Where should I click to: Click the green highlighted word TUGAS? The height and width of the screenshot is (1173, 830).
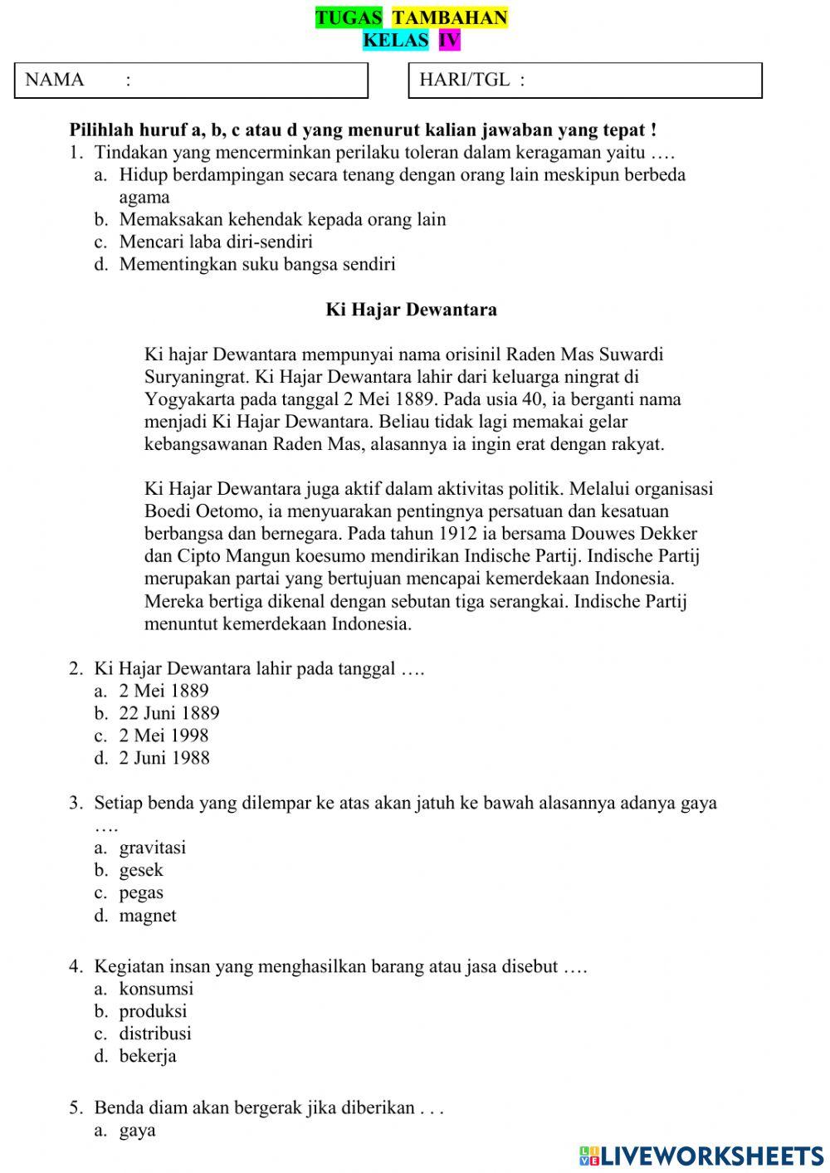349,18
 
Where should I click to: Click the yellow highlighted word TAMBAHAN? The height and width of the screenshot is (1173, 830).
449,18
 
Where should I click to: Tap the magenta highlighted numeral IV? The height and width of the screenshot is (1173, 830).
449,40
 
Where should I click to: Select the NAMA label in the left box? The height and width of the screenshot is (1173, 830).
55,80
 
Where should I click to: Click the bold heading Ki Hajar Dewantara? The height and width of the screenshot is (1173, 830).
411,310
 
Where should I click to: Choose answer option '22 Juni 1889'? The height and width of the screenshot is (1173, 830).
169,713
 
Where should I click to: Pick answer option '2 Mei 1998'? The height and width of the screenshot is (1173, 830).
164,736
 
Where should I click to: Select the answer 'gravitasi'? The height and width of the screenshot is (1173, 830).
153,848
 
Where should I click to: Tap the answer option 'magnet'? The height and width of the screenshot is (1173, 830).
148,916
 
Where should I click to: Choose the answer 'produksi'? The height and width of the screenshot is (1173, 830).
153,1011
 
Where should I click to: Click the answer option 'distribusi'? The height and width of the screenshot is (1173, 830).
155,1034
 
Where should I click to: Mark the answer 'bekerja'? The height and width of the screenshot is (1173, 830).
148,1056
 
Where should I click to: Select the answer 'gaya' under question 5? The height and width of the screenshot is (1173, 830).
138,1130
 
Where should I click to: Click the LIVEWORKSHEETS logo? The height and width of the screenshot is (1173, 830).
701,1156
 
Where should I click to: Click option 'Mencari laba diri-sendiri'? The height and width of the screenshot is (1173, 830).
216,242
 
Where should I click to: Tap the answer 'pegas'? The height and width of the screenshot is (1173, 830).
141,892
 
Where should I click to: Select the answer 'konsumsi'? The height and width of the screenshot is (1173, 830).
156,989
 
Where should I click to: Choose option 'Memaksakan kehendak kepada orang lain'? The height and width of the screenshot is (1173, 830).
282,220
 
